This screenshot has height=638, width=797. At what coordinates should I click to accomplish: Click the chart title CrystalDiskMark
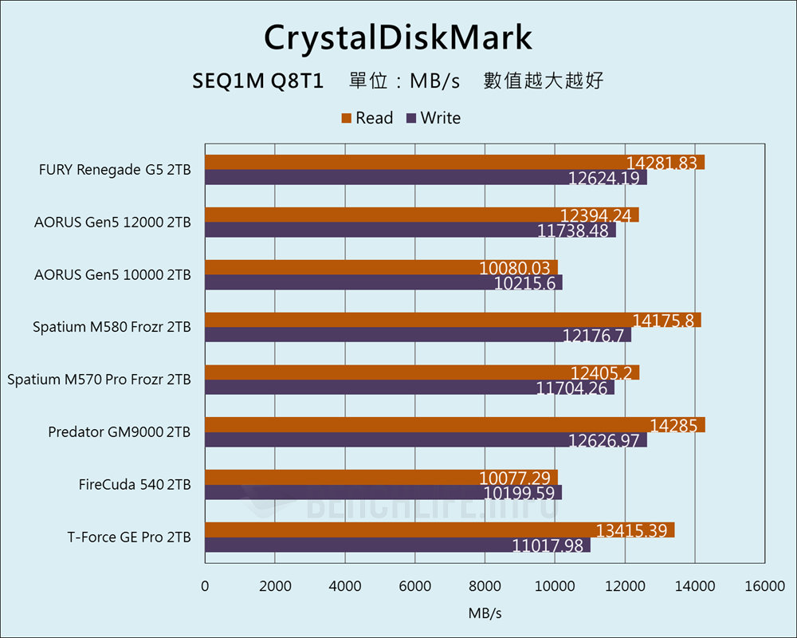coord(398,37)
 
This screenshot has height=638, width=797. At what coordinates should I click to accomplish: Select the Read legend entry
coord(367,118)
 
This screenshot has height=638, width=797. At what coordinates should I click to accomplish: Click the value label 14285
coord(673,425)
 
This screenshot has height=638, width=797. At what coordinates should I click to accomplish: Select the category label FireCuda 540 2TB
coord(135,485)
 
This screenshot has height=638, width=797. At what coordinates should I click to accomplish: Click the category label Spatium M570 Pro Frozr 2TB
coord(99,380)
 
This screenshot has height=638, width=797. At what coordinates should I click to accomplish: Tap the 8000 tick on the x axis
coord(485,586)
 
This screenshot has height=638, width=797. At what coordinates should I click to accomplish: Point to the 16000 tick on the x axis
coord(765,586)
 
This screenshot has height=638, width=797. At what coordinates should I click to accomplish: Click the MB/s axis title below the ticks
coord(485,614)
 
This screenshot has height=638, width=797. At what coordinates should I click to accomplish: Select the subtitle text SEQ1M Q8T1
coord(257,81)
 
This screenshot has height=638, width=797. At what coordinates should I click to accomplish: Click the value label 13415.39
coord(635,530)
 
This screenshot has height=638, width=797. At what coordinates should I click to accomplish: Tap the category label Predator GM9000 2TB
coord(120,432)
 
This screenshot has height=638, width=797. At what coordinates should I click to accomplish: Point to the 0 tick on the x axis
coord(206,586)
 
